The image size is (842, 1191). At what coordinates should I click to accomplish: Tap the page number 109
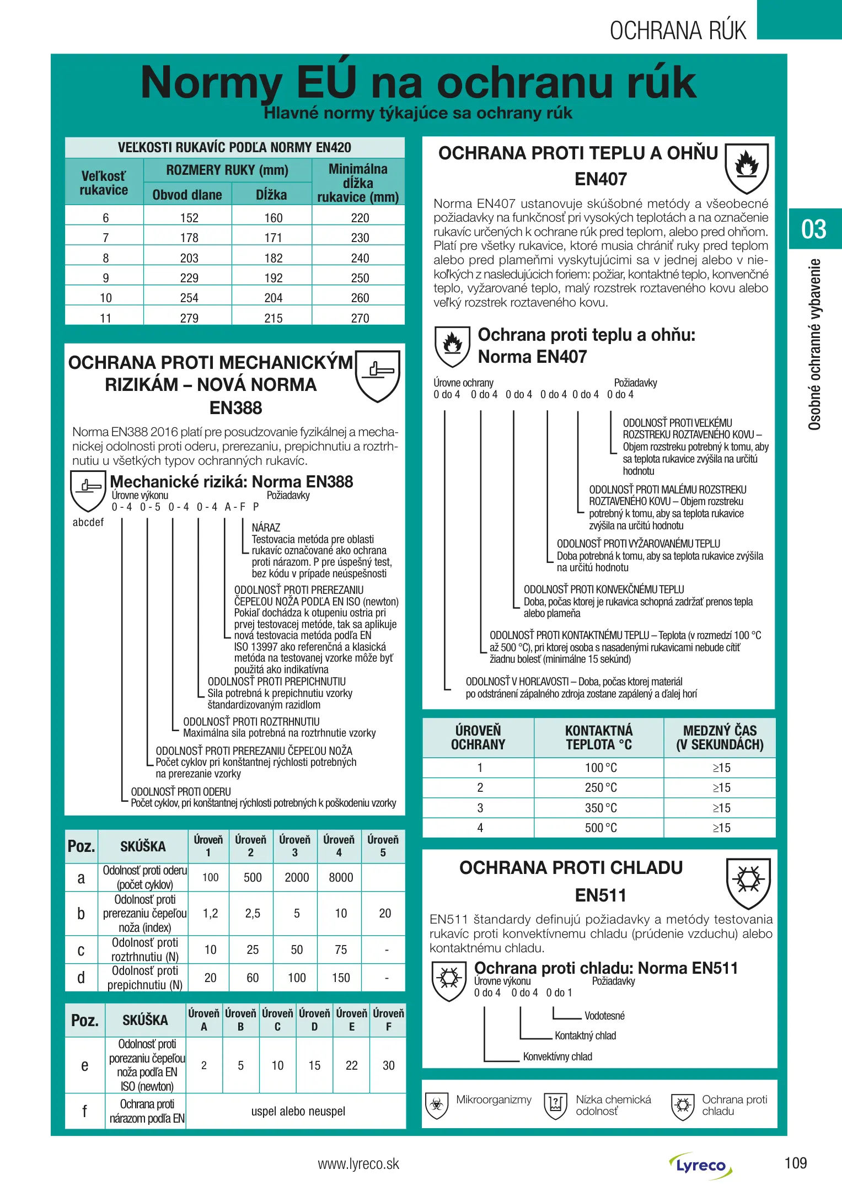tap(795, 1163)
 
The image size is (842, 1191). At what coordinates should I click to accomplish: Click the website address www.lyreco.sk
tap(358, 1163)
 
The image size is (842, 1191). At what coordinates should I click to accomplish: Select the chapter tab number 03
tap(814, 229)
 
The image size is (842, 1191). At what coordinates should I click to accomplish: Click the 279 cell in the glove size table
tap(189, 318)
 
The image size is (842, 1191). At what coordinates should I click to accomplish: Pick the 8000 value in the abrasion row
tap(341, 877)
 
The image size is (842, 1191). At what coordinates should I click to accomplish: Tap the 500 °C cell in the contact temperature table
tap(600, 828)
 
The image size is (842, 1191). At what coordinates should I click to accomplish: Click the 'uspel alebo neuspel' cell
tap(298, 1111)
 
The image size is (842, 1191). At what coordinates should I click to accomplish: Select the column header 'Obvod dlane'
tap(187, 195)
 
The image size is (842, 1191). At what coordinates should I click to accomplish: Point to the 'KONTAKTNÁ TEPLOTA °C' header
tap(599, 737)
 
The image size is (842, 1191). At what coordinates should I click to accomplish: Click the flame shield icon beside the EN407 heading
tap(747, 168)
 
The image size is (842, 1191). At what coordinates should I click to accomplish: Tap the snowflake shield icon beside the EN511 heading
tap(748, 883)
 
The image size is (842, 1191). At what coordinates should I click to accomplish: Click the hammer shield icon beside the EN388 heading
tap(377, 375)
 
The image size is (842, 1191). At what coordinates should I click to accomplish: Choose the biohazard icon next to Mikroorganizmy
tap(437, 1105)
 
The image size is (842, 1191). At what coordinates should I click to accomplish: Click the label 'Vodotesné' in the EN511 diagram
tap(604, 1016)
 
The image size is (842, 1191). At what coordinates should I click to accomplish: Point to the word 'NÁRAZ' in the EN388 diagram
tap(266, 528)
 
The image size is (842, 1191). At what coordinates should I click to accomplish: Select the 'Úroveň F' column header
tap(388, 1020)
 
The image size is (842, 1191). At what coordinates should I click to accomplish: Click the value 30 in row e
tap(388, 1065)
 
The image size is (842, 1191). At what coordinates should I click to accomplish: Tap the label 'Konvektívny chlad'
tap(557, 1056)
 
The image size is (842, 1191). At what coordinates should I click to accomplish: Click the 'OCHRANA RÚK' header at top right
tap(678, 31)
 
